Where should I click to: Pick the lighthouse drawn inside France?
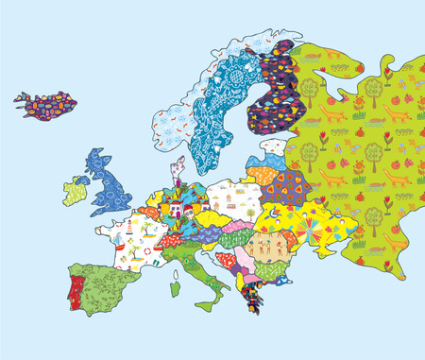[x=128, y=232]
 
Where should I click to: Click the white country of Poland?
[x=232, y=199]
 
